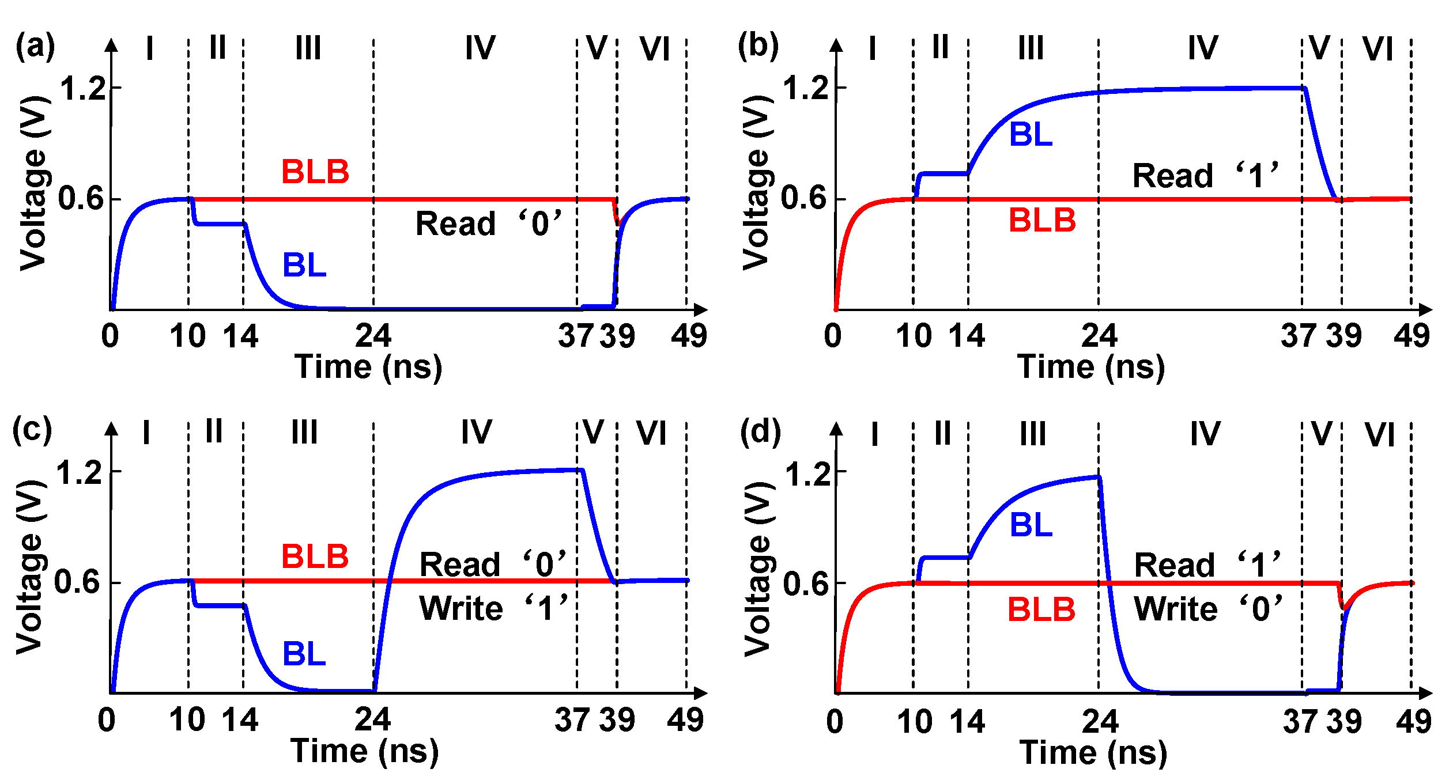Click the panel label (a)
point(35,46)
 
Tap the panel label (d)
point(760,432)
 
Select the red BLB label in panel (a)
point(315,172)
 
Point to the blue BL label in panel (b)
point(1031,135)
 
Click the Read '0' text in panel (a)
point(488,224)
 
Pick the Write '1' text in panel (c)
point(493,608)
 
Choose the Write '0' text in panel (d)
point(1208,609)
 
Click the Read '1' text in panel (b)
point(1206,175)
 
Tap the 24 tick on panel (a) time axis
point(373,336)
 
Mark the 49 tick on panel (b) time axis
point(1412,336)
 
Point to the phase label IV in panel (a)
point(480,47)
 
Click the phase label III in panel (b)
point(1031,47)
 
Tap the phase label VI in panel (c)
point(651,433)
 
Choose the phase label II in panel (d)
point(942,433)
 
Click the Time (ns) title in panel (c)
point(365,751)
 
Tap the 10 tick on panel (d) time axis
point(915,722)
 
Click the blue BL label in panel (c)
point(304,654)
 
